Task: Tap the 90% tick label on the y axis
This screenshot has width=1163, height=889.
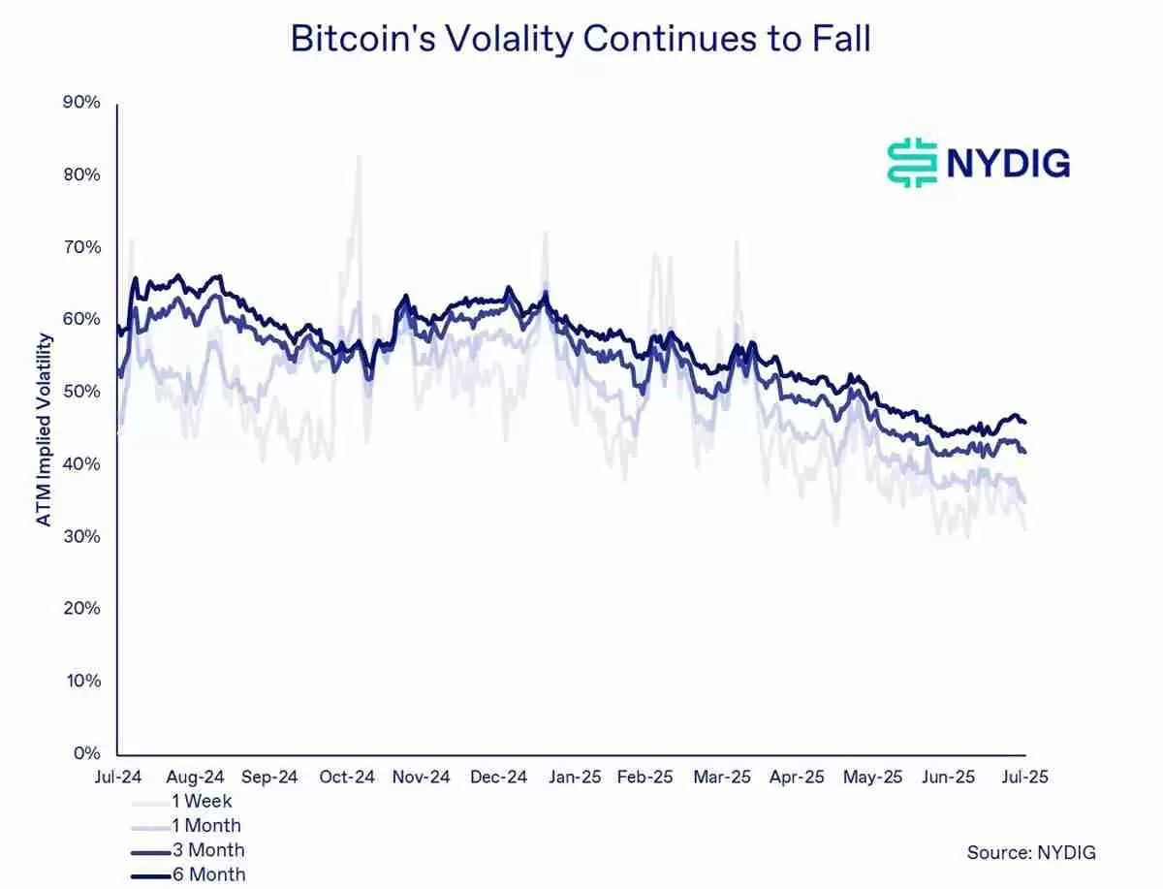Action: [81, 102]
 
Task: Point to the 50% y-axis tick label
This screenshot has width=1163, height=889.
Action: [81, 392]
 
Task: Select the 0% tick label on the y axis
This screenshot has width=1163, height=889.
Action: [87, 753]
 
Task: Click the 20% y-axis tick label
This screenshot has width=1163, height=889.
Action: [81, 609]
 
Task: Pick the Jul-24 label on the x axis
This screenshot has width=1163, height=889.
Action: [117, 777]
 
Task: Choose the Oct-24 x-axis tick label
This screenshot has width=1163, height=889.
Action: [347, 777]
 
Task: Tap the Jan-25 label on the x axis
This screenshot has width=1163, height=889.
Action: [576, 777]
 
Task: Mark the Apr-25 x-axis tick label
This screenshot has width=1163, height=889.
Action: [797, 777]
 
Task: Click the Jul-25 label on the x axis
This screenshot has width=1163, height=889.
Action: [1024, 777]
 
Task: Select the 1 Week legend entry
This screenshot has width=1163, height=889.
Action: [202, 802]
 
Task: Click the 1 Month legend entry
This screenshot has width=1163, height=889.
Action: [205, 826]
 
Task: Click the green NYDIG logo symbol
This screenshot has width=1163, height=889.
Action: [912, 163]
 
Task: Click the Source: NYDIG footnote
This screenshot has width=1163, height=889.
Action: [1031, 852]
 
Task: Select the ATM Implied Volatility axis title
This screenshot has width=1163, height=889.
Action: [44, 429]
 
